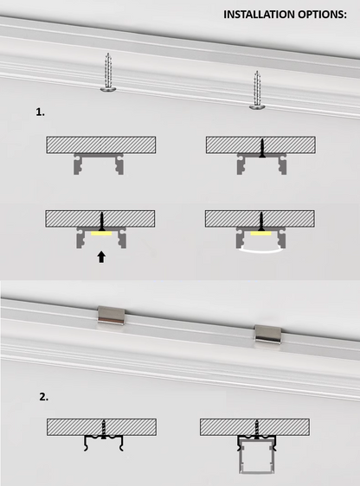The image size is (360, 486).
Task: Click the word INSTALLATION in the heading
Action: coord(260,15)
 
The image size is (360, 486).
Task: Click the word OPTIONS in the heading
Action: coord(321,15)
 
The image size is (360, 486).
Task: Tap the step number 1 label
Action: coord(40,112)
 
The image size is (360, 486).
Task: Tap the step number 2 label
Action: coord(44,397)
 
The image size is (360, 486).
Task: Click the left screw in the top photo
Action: coord(108,73)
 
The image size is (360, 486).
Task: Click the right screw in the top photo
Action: coord(257,90)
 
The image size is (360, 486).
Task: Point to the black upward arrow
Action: coord(101,257)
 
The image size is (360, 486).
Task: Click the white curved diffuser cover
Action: coord(260,252)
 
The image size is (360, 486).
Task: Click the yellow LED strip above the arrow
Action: coord(101,233)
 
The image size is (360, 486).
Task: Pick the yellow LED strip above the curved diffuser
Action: coord(260,233)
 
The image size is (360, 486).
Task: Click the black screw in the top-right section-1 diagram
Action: coord(262,148)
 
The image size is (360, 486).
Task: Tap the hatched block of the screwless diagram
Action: coord(101,144)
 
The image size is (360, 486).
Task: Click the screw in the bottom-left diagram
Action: coord(104,429)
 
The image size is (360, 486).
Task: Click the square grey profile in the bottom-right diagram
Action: coord(257,457)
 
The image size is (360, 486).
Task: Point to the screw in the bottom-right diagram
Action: coord(257,430)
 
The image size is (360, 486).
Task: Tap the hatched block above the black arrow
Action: coord(100,219)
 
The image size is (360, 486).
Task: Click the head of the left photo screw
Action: coord(108,90)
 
